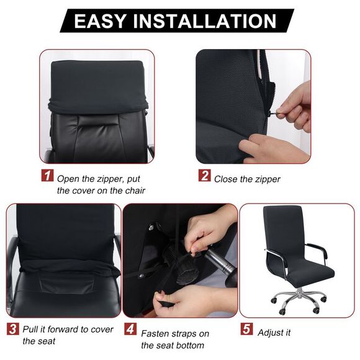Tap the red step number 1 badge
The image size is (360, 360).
48,176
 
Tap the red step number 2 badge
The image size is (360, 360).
204,176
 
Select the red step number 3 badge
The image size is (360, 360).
13,328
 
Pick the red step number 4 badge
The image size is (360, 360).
131,328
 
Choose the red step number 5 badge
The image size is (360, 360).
247,328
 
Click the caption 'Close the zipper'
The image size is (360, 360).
248,179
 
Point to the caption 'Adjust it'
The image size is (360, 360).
275,333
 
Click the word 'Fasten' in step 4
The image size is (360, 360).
156,333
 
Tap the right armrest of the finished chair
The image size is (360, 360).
317,248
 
